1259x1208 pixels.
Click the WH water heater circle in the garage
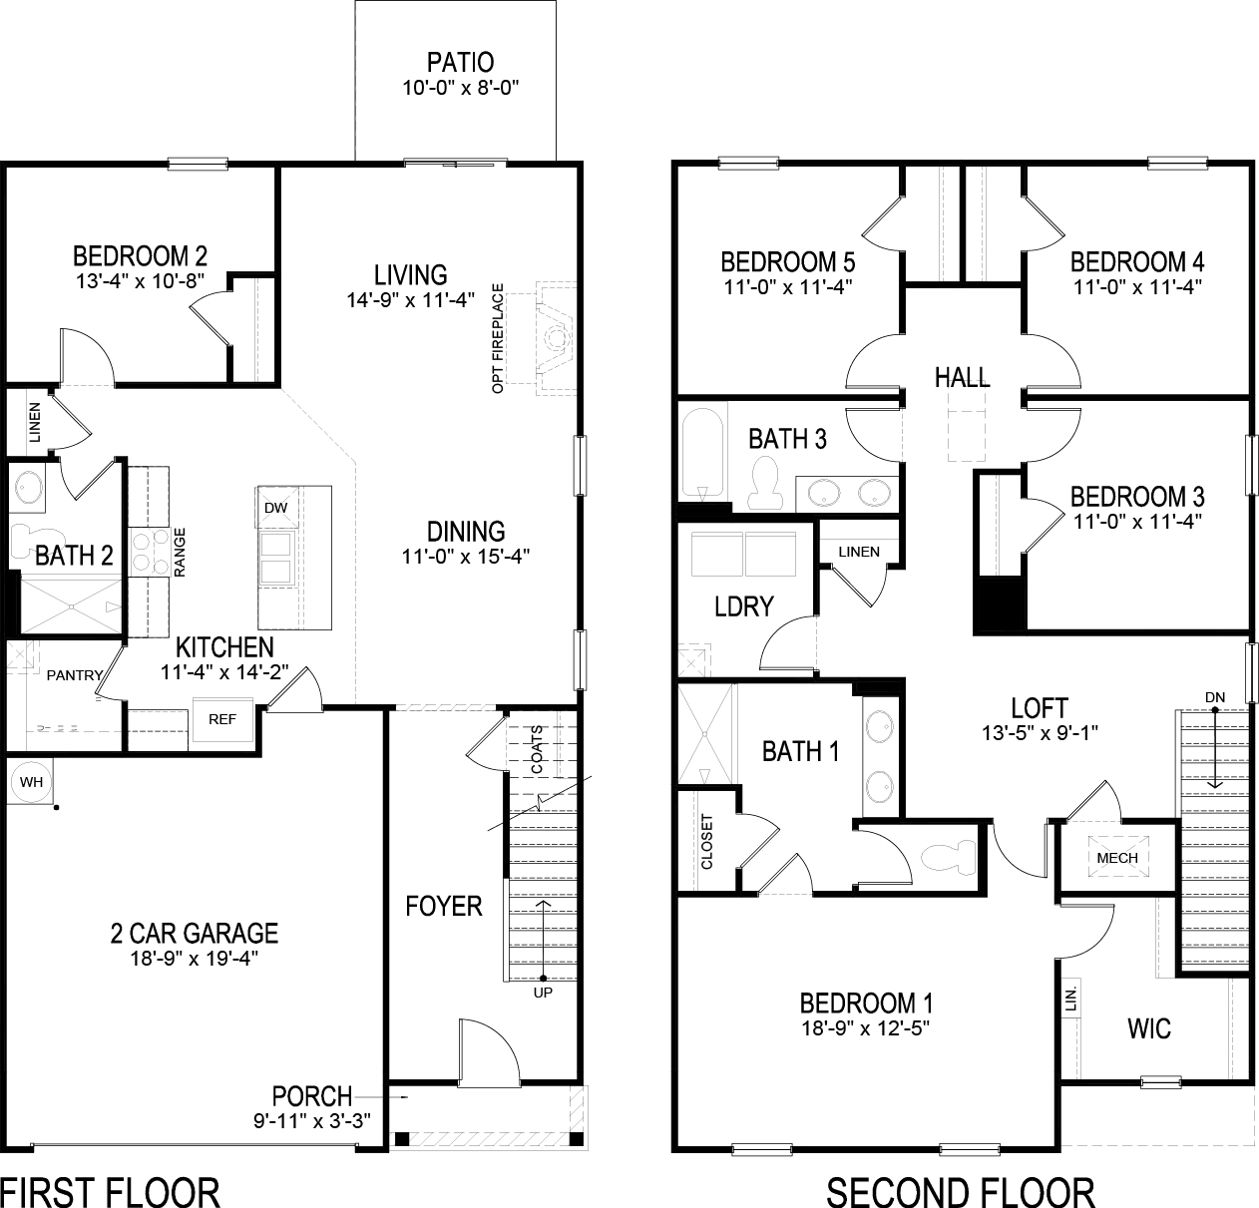coord(32,782)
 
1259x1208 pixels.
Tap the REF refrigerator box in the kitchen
coord(221,719)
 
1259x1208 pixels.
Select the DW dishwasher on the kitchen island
coord(276,508)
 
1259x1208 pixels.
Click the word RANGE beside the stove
coord(181,553)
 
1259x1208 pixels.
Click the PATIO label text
coord(460,63)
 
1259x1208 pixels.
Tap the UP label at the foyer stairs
coord(543,993)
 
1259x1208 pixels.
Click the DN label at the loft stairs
coord(1214,695)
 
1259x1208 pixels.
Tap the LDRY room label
coord(744,605)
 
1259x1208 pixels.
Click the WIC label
coord(1148,1028)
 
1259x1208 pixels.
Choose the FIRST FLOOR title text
coord(110,1191)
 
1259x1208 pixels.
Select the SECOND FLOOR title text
coord(960,1191)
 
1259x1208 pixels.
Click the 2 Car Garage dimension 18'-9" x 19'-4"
coord(194,959)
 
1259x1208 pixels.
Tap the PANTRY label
coord(75,675)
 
